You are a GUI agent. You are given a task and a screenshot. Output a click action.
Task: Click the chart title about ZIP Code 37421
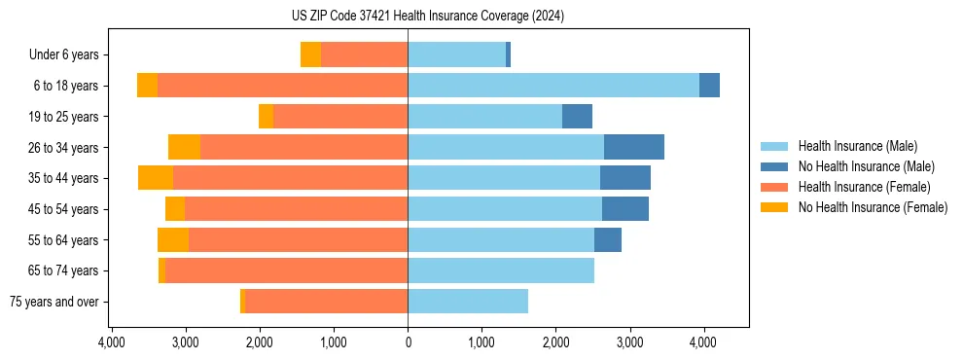(x=427, y=17)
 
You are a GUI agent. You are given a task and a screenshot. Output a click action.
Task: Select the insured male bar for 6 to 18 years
(x=553, y=86)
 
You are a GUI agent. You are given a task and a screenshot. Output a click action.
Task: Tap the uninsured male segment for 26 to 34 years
(x=634, y=147)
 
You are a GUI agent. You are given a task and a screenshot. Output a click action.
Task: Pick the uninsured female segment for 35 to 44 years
(x=156, y=178)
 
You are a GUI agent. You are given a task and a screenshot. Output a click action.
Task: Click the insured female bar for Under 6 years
(x=364, y=54)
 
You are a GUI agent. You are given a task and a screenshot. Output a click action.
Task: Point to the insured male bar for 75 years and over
(x=468, y=302)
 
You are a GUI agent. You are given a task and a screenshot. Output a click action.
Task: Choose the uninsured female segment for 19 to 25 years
(x=266, y=117)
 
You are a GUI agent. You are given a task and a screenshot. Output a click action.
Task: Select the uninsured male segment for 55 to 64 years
(x=608, y=239)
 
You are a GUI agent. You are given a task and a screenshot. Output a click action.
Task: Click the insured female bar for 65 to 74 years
(x=286, y=270)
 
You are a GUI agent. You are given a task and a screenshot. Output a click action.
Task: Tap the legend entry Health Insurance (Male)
(x=857, y=146)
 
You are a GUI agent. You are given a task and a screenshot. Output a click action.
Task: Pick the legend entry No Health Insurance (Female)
(x=873, y=207)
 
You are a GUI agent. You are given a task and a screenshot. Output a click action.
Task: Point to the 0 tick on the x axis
(x=408, y=342)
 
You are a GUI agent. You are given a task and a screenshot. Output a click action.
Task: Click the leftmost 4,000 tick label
(x=112, y=342)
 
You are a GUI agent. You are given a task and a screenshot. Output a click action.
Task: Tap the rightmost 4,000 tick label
(x=703, y=342)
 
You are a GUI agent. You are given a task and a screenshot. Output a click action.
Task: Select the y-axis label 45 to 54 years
(x=63, y=209)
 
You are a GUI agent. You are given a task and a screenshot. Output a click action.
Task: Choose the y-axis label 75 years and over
(x=53, y=302)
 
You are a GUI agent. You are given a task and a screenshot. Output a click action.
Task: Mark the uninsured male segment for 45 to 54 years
(x=625, y=209)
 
